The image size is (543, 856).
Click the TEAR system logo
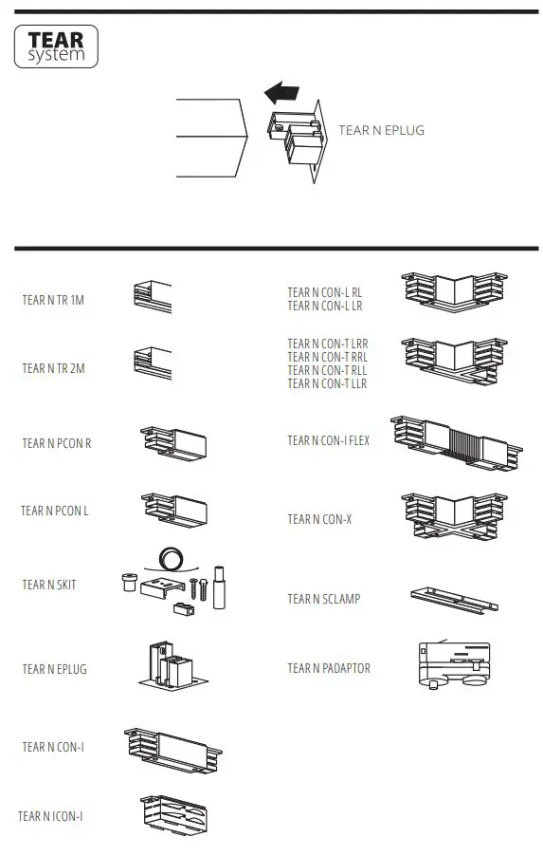tap(56, 47)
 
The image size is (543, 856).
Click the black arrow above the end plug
tap(281, 93)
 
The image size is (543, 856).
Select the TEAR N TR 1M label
tap(53, 300)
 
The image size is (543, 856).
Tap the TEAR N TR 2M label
tap(53, 368)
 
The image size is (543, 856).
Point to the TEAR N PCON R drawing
tap(173, 444)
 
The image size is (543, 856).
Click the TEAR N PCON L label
tap(54, 512)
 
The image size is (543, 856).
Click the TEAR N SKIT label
tap(49, 586)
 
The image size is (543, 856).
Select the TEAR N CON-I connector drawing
tap(173, 747)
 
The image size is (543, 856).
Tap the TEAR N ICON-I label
tap(51, 816)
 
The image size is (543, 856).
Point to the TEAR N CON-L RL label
tap(325, 293)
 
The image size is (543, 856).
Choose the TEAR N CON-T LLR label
tap(327, 383)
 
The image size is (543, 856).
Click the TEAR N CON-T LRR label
tap(327, 344)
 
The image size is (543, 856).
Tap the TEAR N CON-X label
tap(319, 519)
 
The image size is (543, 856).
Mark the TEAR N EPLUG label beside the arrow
tap(381, 130)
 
